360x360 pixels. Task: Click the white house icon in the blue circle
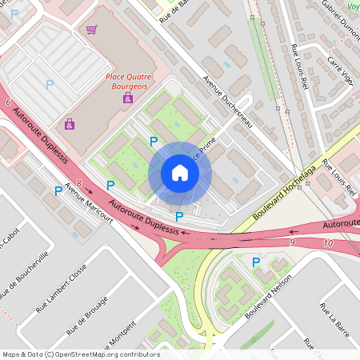[x=180, y=173]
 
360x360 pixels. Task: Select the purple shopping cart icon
[x=92, y=30]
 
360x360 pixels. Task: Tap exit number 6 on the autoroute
[x=7, y=103]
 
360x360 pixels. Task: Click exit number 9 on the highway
[x=293, y=242]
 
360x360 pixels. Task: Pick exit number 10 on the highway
[x=328, y=242]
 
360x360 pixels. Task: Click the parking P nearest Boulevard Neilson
[x=256, y=262]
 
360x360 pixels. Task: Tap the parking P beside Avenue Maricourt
[x=58, y=191]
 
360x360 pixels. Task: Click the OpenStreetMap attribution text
[x=80, y=354]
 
